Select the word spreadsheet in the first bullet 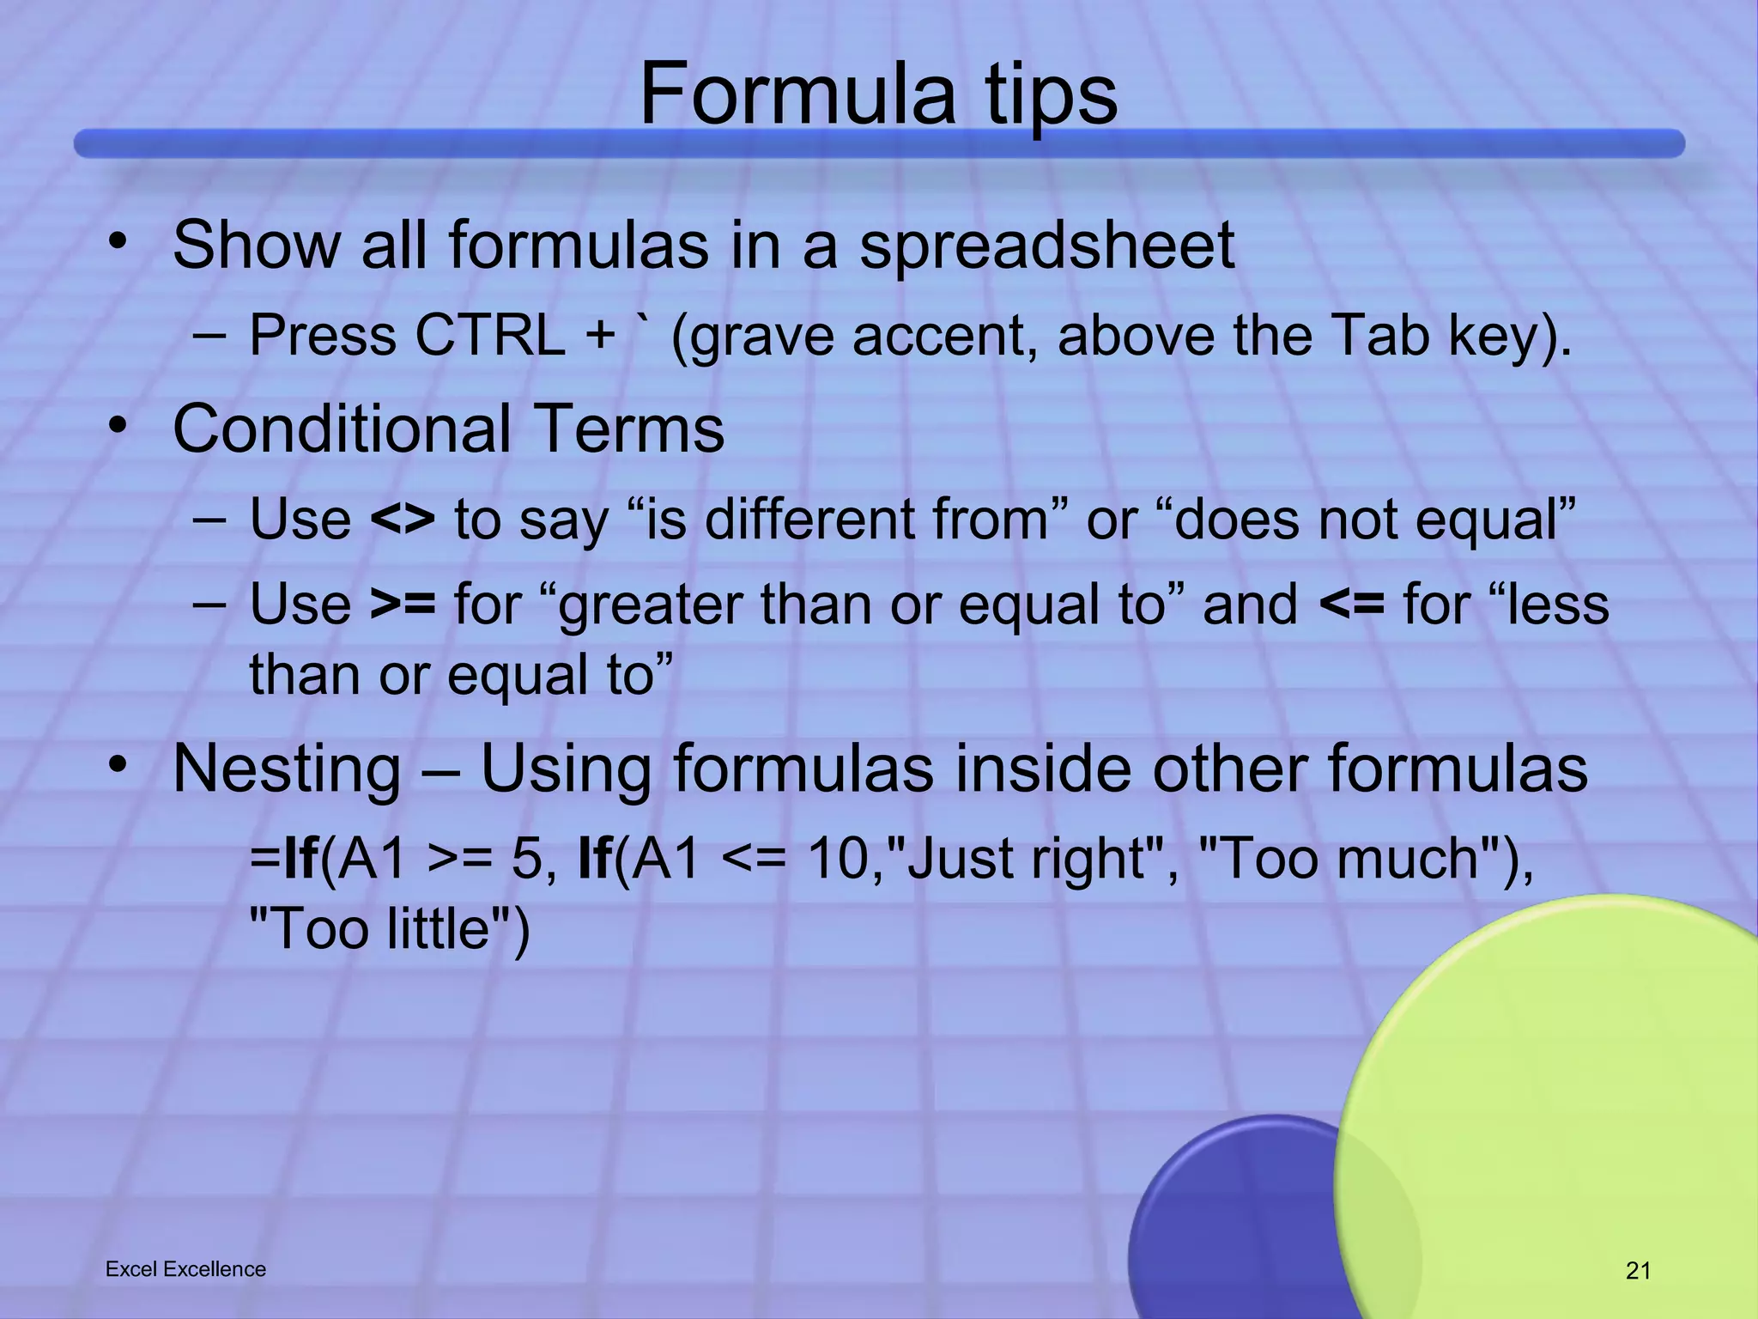click(x=1046, y=247)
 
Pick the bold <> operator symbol click(x=403, y=520)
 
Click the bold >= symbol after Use click(x=403, y=604)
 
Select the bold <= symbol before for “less click(x=1351, y=604)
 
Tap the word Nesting click(x=287, y=769)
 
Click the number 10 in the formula click(x=839, y=858)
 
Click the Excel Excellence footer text click(x=185, y=1269)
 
